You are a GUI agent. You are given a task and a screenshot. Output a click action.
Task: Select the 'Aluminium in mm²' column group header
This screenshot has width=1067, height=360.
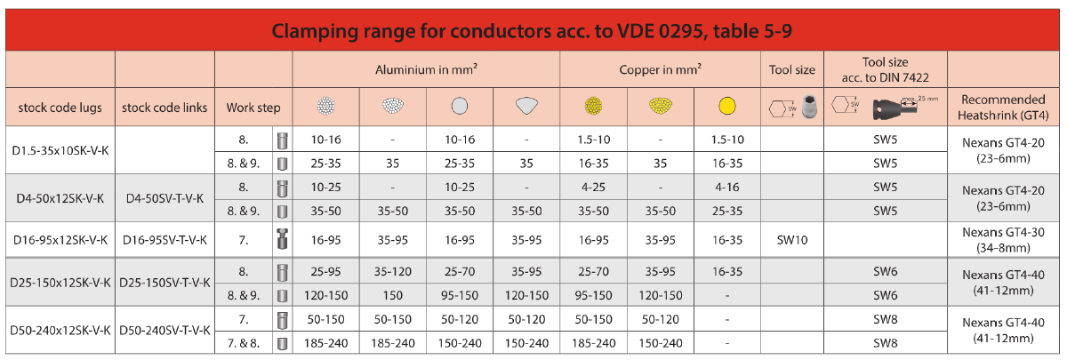coord(426,68)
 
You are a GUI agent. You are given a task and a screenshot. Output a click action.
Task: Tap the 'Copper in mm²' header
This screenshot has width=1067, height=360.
coord(659,68)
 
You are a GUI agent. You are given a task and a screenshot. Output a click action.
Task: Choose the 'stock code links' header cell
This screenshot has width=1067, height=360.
coord(164,108)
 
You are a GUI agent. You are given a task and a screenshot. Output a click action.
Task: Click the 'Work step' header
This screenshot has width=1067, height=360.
coord(253,108)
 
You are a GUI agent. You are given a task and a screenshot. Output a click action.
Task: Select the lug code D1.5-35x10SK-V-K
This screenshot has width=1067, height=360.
coord(60,151)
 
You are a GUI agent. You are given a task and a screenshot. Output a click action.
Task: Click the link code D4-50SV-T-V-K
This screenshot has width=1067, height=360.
coord(164,199)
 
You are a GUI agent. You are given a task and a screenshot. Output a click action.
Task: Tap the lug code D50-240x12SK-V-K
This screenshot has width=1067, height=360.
coord(60,331)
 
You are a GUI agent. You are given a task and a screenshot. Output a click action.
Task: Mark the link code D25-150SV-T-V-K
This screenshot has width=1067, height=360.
coord(164,283)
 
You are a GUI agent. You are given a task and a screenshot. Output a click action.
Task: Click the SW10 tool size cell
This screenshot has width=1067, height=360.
coord(792,240)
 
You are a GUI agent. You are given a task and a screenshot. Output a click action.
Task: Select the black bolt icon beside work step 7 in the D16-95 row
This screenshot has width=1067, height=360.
coord(281,240)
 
